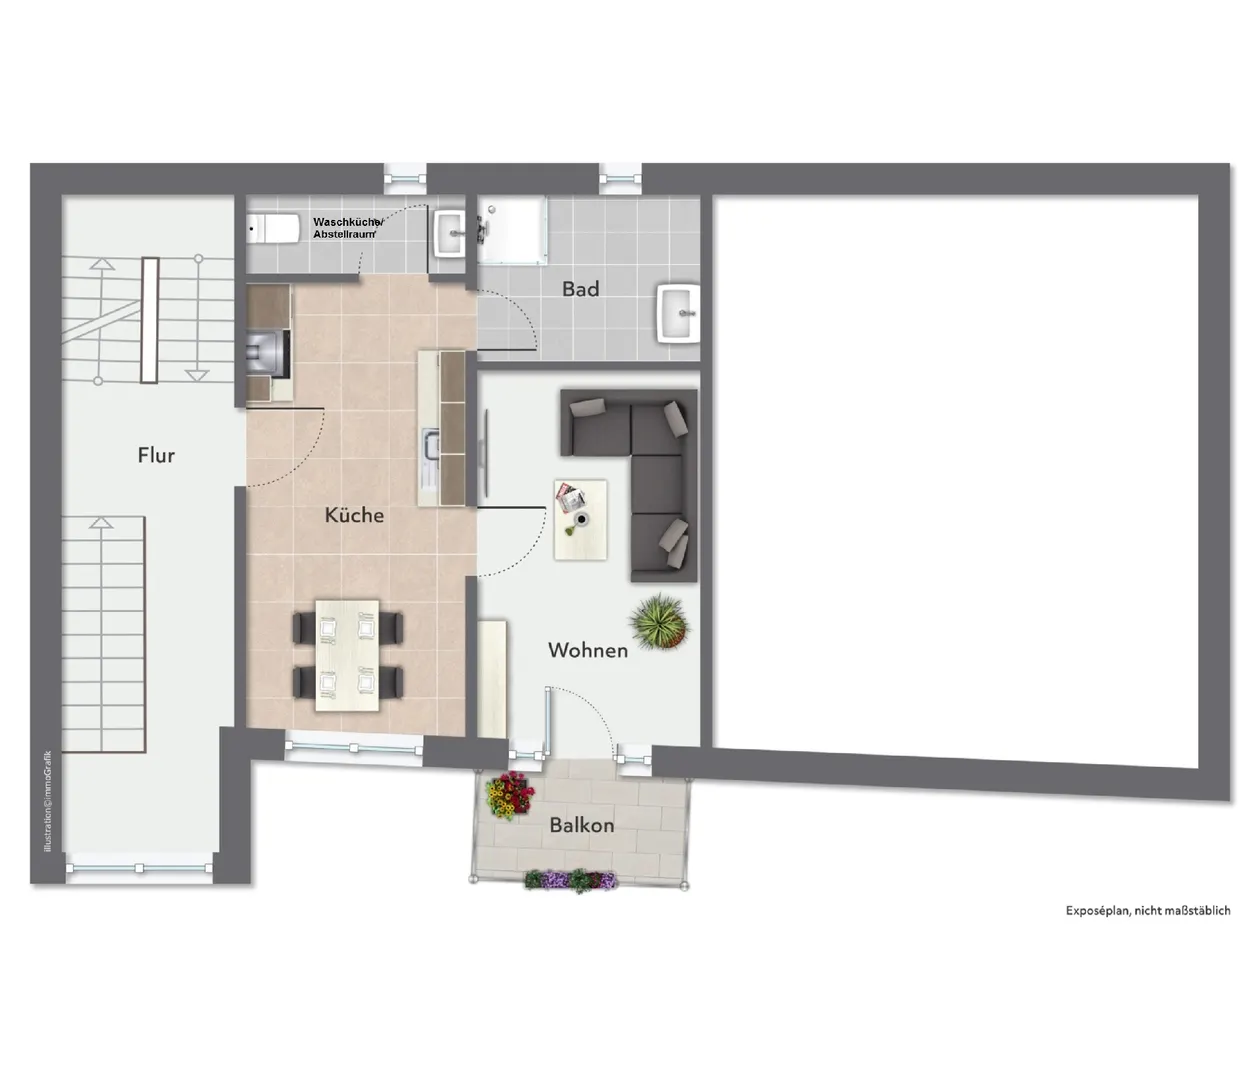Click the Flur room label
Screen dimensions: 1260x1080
pos(156,455)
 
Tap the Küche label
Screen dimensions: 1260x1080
pos(354,514)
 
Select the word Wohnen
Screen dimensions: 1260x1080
pos(588,650)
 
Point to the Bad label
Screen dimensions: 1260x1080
pos(580,288)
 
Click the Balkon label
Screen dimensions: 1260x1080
pos(582,825)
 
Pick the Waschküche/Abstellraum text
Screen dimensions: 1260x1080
pos(347,228)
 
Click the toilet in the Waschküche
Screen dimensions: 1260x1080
pos(274,229)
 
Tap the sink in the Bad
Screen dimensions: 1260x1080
pos(678,313)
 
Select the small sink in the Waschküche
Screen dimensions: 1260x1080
pos(448,233)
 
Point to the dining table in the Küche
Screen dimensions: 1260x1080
pos(347,656)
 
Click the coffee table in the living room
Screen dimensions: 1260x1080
pos(580,519)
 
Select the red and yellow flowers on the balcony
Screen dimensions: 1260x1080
pos(510,794)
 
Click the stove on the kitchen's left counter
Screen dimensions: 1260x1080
pos(268,353)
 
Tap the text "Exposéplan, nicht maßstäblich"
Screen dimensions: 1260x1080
pos(1148,911)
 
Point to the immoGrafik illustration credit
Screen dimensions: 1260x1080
pos(48,801)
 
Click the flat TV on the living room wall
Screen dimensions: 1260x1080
pos(485,453)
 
